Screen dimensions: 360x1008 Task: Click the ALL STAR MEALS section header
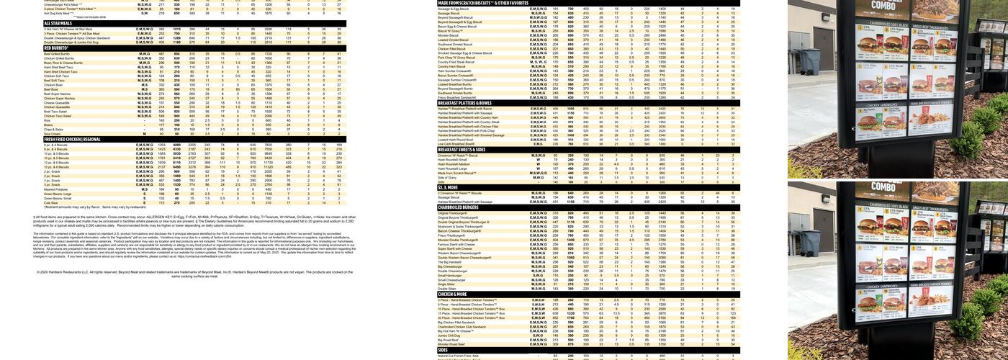[x=58, y=23]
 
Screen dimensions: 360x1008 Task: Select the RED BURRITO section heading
[x=57, y=48]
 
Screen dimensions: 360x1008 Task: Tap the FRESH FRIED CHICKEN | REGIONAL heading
[x=72, y=139]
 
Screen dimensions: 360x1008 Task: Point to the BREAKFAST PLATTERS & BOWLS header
[x=464, y=103]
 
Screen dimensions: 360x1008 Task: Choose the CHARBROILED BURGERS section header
[x=458, y=207]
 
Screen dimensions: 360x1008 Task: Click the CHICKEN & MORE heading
[x=452, y=294]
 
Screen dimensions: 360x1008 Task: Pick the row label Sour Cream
[x=52, y=133]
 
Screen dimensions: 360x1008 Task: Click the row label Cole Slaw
[x=50, y=202]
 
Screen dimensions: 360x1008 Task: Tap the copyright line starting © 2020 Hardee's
[x=194, y=272]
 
